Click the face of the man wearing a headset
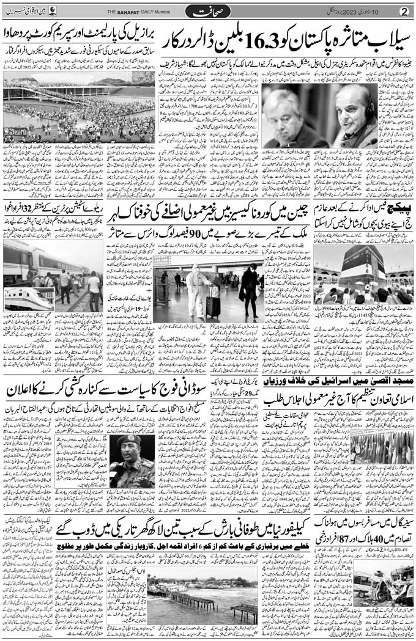click(x=358, y=108)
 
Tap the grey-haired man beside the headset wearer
click(x=286, y=116)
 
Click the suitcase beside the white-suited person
click(x=212, y=305)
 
